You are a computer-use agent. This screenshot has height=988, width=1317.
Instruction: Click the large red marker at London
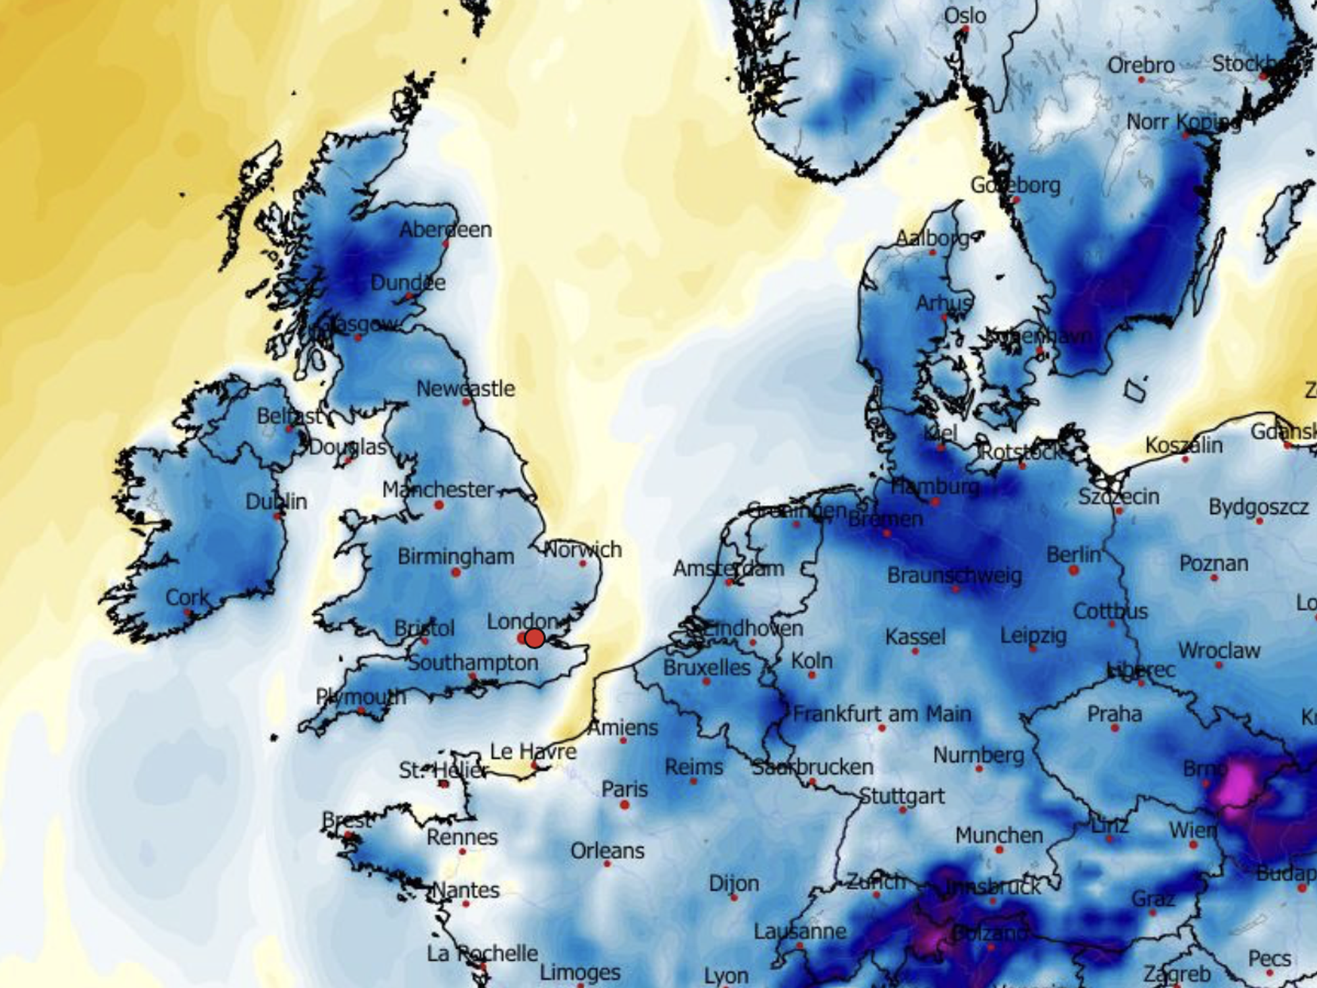click(534, 638)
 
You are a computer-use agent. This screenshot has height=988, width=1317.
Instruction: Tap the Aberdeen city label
click(445, 230)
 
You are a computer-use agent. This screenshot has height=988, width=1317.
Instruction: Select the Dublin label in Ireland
click(276, 502)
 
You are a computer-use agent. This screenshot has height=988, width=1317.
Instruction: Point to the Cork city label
click(187, 597)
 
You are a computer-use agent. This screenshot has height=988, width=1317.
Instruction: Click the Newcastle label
click(466, 389)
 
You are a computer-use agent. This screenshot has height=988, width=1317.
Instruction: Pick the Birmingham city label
click(456, 557)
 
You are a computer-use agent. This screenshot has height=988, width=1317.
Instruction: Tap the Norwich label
click(583, 549)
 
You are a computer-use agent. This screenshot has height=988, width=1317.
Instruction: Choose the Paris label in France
click(624, 789)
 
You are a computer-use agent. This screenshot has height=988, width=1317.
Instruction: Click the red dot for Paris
click(624, 804)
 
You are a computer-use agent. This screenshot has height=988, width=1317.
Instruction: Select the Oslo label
click(965, 15)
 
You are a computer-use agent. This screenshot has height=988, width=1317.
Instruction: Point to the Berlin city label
click(1073, 555)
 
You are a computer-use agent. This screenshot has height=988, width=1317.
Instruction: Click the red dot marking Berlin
click(1073, 570)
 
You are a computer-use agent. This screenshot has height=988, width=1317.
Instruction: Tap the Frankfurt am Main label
click(882, 713)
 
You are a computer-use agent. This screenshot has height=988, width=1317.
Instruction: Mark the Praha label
click(1114, 713)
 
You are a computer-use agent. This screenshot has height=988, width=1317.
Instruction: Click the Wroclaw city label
click(1219, 651)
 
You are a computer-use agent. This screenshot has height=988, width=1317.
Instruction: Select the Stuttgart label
click(902, 796)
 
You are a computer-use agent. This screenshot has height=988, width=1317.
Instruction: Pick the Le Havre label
click(533, 751)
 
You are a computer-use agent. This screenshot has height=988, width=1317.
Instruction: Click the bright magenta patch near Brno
click(1238, 784)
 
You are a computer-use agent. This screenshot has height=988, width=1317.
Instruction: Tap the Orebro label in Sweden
click(1141, 65)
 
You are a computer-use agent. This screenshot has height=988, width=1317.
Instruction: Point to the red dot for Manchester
click(439, 505)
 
